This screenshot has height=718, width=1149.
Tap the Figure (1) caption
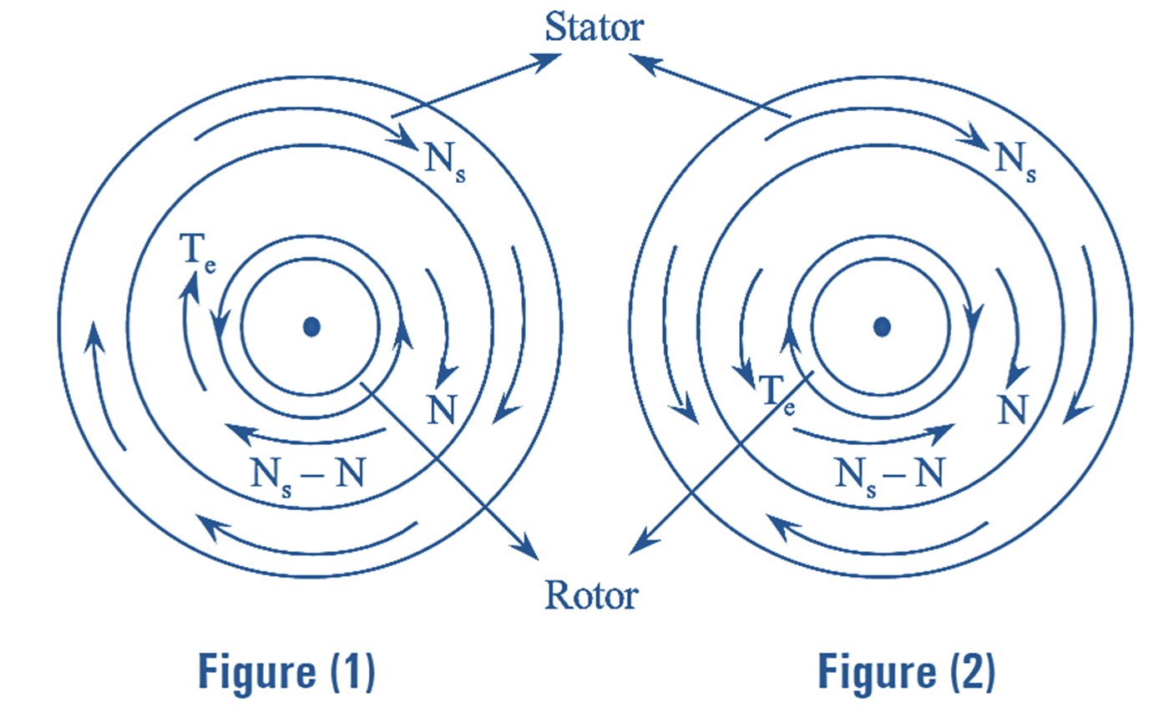pyautogui.click(x=286, y=673)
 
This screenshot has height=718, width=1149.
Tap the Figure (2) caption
pyautogui.click(x=906, y=673)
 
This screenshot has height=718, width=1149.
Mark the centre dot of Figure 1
pyautogui.click(x=311, y=326)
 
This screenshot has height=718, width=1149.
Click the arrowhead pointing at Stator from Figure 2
pyautogui.click(x=639, y=58)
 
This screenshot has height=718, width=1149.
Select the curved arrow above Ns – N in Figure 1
pyautogui.click(x=307, y=437)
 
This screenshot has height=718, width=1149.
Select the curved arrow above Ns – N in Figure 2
pyautogui.click(x=873, y=436)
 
